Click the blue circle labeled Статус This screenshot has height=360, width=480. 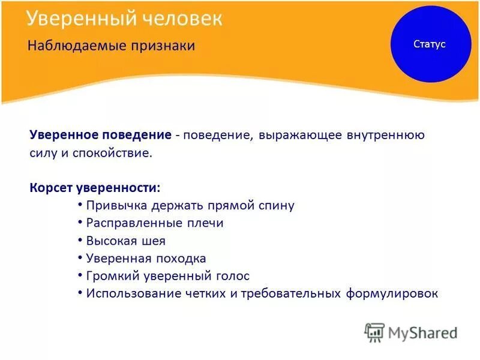point(430,44)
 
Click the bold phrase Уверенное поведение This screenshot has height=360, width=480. point(101,135)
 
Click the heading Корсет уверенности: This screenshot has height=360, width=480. point(95,188)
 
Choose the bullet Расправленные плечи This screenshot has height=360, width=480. point(155,223)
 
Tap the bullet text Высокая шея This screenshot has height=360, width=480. point(125,241)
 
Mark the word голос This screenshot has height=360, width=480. point(233,276)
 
